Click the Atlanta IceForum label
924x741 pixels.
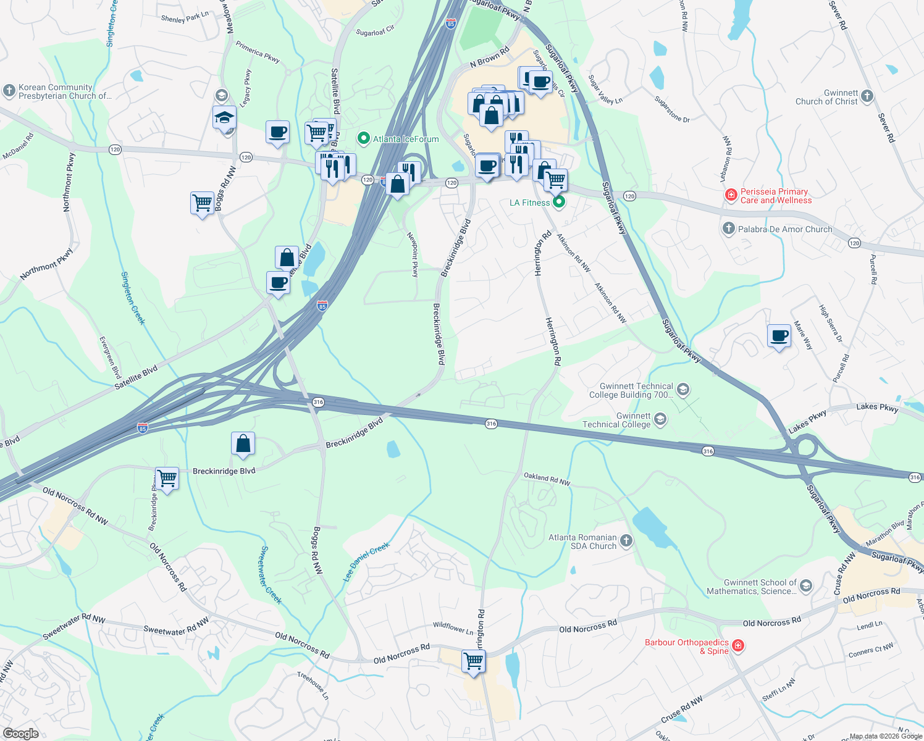(x=406, y=139)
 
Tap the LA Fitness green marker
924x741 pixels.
(x=559, y=202)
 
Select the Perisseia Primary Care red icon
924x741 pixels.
(x=731, y=196)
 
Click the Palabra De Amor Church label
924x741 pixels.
(x=785, y=229)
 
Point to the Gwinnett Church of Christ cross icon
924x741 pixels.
(x=867, y=96)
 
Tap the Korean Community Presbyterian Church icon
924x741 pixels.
(x=9, y=91)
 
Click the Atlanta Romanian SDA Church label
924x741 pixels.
(x=582, y=542)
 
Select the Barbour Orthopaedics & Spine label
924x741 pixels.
(x=687, y=647)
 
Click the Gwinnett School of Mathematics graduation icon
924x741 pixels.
(x=805, y=586)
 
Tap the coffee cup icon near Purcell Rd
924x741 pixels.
(x=779, y=336)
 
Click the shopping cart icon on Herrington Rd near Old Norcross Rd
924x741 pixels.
(x=474, y=661)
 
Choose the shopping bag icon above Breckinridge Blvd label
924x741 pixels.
(x=243, y=443)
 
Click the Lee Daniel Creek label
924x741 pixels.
(x=367, y=561)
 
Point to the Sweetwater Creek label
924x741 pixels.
(x=271, y=575)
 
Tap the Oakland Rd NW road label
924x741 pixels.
(x=547, y=479)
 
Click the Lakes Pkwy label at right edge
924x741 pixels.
(x=877, y=407)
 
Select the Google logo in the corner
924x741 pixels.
(x=20, y=733)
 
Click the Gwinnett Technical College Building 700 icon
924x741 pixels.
(x=682, y=390)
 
